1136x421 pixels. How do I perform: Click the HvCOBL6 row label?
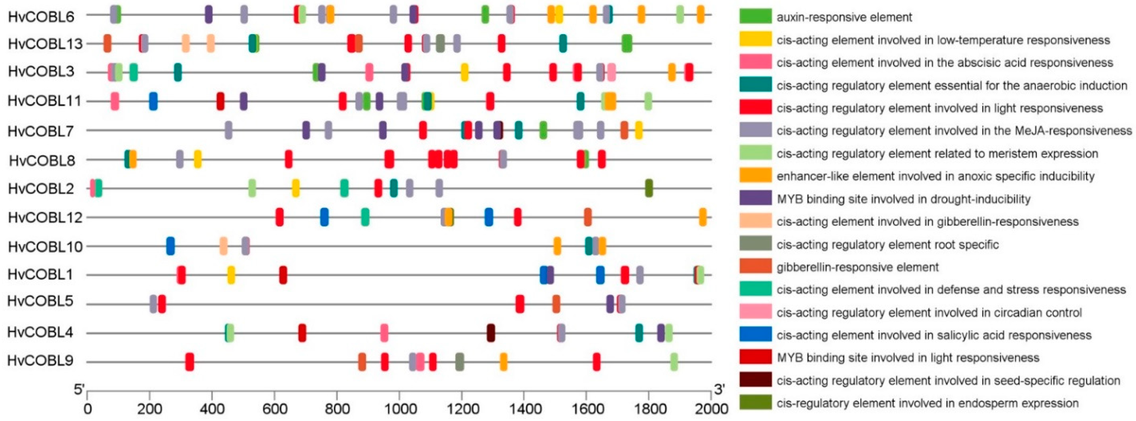click(x=41, y=17)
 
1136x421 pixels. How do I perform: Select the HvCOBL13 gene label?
click(x=45, y=44)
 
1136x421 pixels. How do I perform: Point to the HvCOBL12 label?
click(x=45, y=217)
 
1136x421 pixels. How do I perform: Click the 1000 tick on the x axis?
click(x=399, y=409)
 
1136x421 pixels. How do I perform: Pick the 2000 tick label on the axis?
click(x=711, y=409)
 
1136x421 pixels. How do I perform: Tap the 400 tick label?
click(x=212, y=409)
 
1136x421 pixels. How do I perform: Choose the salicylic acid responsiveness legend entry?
click(x=934, y=335)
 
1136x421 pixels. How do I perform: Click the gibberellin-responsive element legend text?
click(x=857, y=267)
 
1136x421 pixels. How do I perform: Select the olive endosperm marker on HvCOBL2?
click(x=649, y=188)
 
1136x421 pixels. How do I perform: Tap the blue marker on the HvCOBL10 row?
click(x=170, y=246)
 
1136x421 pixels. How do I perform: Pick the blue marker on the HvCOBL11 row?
click(x=153, y=101)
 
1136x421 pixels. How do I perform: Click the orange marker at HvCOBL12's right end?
click(x=703, y=217)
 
